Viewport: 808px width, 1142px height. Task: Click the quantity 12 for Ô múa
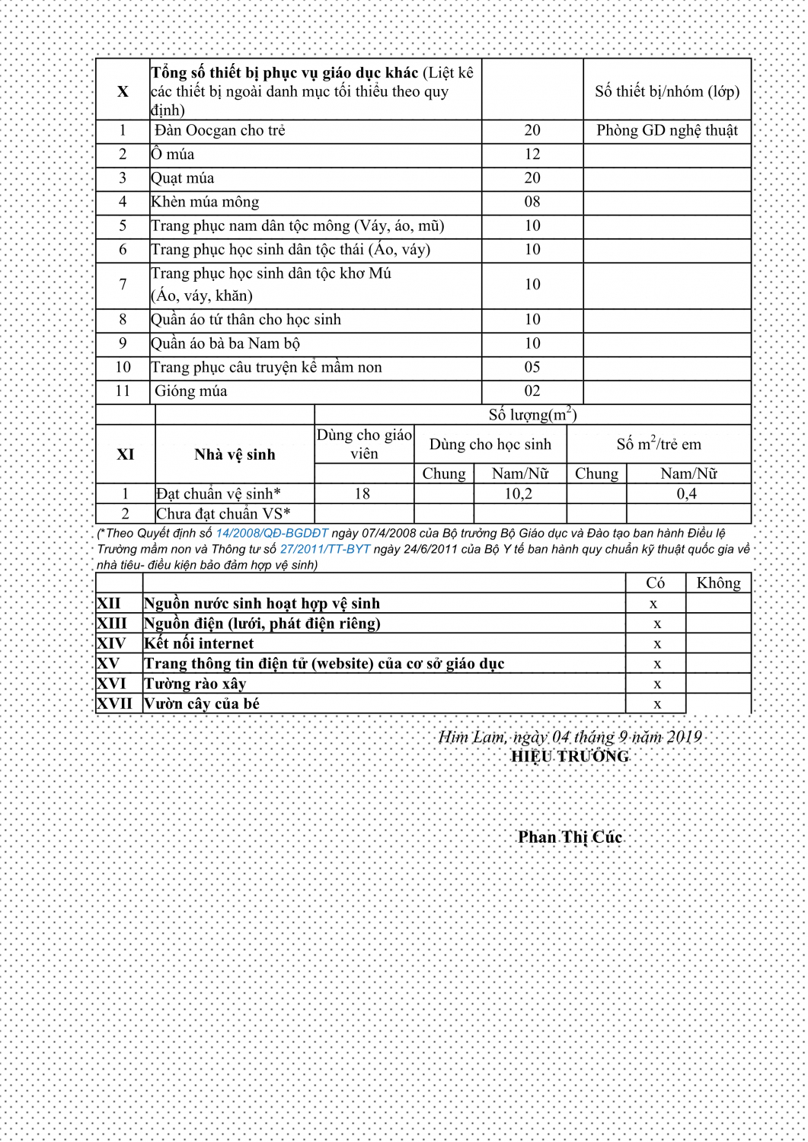[532, 155]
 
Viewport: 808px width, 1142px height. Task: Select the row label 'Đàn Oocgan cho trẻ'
[220, 131]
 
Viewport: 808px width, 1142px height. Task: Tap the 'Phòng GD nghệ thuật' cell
[667, 131]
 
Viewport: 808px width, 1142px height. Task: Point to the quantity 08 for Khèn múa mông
[532, 202]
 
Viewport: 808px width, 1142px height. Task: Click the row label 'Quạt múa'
[183, 178]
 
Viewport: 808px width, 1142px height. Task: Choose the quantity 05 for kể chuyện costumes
[532, 368]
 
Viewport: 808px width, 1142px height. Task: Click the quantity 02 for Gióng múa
[532, 391]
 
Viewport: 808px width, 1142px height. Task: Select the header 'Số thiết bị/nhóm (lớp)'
[667, 92]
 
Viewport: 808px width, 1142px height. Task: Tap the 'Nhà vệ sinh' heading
[235, 455]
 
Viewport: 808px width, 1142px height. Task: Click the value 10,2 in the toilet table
[519, 494]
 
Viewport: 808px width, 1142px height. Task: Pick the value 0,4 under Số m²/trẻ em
[687, 494]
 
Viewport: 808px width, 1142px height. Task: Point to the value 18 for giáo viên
[362, 494]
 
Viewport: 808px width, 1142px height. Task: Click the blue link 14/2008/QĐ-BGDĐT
[272, 534]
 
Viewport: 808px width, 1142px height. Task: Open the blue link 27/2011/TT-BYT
[325, 549]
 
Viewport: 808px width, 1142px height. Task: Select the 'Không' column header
[718, 583]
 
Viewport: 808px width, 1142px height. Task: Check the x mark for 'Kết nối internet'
[657, 644]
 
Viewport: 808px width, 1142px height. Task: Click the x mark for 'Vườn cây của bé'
[657, 704]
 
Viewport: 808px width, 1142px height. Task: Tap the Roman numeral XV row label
[108, 664]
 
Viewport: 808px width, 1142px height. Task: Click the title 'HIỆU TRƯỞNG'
[570, 757]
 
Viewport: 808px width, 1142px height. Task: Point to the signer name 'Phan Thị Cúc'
[570, 837]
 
